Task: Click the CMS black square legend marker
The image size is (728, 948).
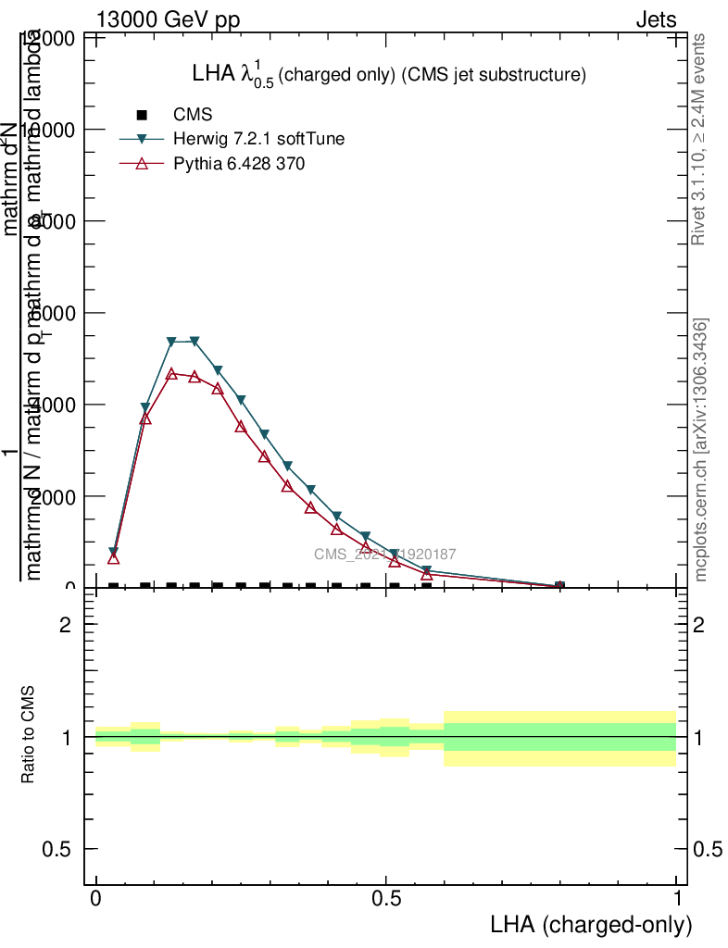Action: click(142, 115)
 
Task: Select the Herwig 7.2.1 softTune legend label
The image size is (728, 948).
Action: click(259, 139)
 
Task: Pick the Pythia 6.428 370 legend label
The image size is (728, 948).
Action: click(240, 164)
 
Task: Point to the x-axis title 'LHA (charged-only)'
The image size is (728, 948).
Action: click(590, 924)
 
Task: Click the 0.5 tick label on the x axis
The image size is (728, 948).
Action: click(386, 899)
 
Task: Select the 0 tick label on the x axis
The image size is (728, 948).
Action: click(96, 899)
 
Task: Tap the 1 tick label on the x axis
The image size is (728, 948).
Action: click(677, 899)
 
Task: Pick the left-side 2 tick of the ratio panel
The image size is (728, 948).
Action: click(65, 625)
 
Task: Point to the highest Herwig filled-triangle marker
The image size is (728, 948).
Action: click(195, 341)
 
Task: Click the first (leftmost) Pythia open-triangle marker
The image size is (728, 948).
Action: click(114, 558)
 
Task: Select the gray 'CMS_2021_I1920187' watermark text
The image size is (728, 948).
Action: click(384, 554)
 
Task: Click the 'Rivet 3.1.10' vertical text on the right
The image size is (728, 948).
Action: click(699, 139)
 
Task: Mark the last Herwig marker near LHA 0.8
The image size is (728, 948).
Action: click(559, 586)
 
